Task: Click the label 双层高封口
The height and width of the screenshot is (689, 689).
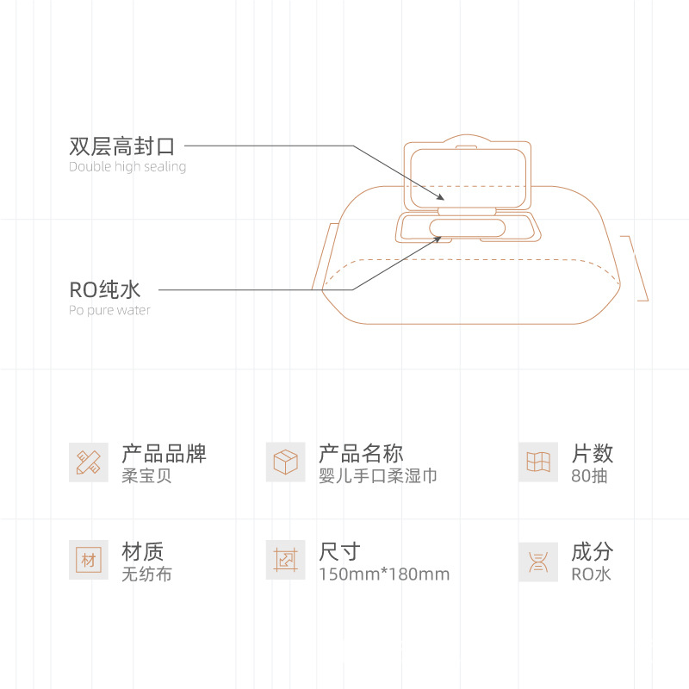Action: (x=121, y=146)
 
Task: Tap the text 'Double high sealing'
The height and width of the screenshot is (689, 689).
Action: (x=127, y=167)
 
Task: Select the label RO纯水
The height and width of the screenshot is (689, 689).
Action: (x=104, y=289)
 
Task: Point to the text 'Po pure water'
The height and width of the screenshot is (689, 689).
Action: (x=109, y=310)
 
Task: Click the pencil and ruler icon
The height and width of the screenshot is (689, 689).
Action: (x=89, y=462)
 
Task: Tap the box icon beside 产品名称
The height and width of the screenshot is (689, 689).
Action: (x=286, y=462)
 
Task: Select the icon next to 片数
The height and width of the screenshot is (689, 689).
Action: (x=538, y=462)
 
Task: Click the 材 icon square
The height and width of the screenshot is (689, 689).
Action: (x=89, y=560)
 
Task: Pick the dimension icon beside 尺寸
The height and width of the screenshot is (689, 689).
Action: (x=286, y=560)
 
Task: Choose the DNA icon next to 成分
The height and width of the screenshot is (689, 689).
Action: (x=538, y=560)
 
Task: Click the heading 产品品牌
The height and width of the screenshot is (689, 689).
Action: (x=164, y=453)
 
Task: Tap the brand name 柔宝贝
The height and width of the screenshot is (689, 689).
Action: (x=146, y=475)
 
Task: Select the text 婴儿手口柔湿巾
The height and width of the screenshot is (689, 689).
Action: (x=377, y=475)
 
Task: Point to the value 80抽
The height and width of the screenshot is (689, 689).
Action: (x=589, y=475)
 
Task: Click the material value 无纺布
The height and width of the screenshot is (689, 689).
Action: (x=146, y=574)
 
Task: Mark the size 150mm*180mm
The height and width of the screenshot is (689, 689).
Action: (x=384, y=574)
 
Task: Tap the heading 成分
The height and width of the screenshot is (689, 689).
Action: (x=592, y=551)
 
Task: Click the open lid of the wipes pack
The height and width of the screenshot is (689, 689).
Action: (x=468, y=172)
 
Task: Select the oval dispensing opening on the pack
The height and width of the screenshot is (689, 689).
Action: (x=468, y=227)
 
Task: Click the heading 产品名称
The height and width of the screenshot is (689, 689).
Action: (x=361, y=453)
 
